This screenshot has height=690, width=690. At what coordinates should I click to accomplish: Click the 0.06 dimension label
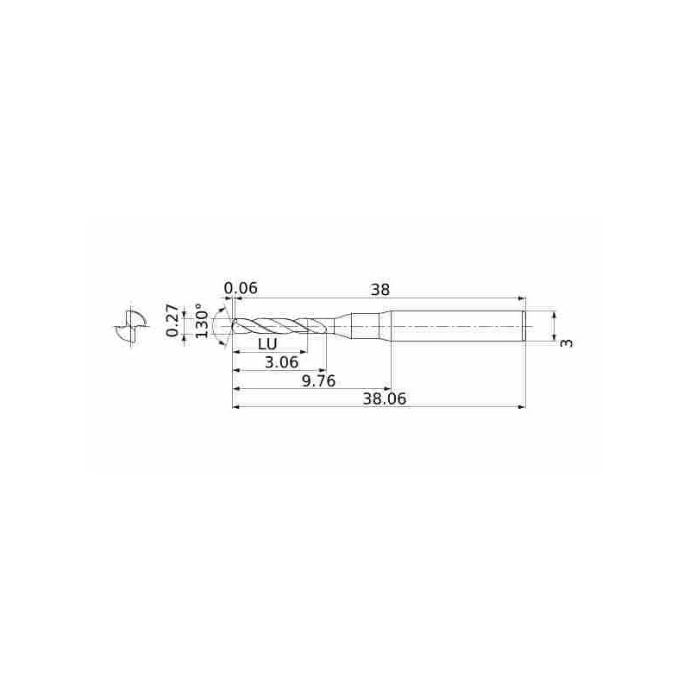pos(241,288)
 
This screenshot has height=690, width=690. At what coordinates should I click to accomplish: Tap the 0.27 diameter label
pos(172,321)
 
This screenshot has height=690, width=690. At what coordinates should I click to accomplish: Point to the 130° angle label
pos(201,321)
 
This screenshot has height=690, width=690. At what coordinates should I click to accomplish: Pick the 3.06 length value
pos(282,363)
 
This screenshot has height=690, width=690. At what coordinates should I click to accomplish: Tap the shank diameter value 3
pos(566,342)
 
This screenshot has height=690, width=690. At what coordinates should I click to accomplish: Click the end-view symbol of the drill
pos(127,327)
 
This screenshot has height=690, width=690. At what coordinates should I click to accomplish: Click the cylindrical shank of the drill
pos(457,326)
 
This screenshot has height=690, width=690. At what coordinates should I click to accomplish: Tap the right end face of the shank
pos(524,326)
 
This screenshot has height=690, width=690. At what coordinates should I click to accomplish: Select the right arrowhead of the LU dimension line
pos(304,352)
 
